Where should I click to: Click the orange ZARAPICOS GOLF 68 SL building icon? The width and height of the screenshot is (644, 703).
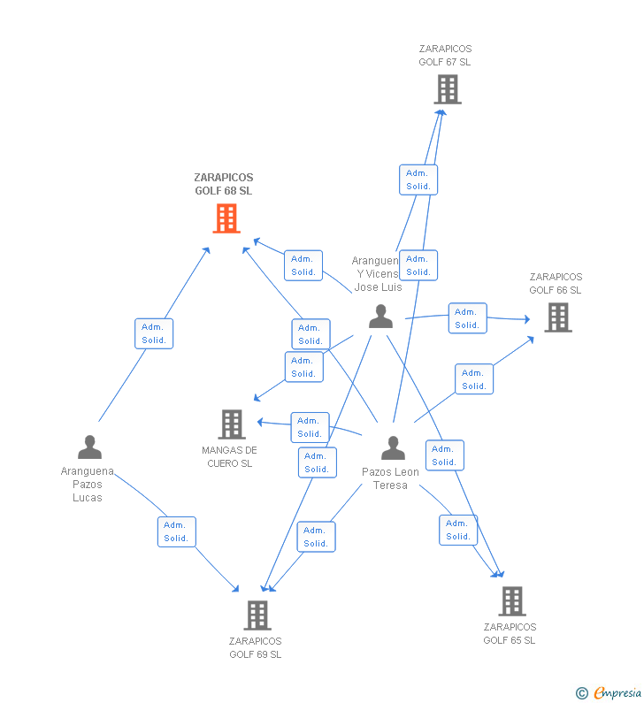coord(226,218)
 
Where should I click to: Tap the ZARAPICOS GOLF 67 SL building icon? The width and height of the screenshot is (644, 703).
coord(448,89)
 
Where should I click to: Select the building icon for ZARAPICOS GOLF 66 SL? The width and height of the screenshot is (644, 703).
coord(557,317)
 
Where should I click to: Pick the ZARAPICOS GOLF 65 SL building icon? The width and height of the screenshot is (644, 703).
coord(511,601)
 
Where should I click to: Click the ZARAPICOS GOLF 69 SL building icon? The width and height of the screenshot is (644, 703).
coord(257,615)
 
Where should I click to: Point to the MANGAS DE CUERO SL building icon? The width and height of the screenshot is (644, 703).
coord(231,424)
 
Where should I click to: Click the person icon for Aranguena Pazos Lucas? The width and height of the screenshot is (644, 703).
coord(89,447)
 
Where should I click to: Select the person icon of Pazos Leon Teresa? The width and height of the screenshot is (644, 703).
coord(393,448)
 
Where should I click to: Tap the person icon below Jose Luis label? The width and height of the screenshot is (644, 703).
coord(380,316)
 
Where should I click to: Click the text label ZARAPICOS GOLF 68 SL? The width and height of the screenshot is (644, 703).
coord(223,184)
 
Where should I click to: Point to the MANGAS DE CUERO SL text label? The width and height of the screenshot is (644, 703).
coord(229,456)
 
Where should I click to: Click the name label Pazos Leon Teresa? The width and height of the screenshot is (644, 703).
coord(390,478)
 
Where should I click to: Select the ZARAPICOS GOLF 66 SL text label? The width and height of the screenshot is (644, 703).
coord(556,283)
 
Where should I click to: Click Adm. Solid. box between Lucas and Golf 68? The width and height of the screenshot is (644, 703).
coord(154,333)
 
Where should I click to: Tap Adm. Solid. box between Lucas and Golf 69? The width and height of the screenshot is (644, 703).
coord(176,531)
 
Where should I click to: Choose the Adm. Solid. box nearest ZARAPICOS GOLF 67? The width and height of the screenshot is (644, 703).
coord(418,180)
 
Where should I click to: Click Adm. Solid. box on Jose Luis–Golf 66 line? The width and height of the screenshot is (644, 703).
coord(467,318)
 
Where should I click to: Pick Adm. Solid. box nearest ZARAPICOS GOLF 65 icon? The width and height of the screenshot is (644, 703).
coord(458,530)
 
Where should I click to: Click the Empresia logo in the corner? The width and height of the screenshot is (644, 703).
coord(617,692)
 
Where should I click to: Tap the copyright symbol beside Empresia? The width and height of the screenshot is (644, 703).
coord(581,693)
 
